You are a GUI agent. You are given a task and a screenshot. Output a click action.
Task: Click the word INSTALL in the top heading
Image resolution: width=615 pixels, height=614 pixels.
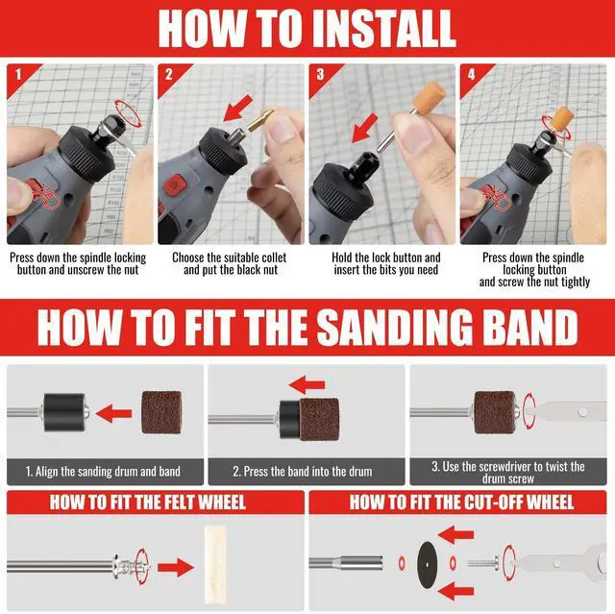pyautogui.click(x=384, y=28)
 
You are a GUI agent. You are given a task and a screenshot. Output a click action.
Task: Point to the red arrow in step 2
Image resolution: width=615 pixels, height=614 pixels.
pyautogui.click(x=237, y=109)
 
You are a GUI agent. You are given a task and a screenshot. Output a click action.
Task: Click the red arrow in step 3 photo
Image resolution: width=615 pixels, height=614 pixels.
pyautogui.click(x=364, y=128)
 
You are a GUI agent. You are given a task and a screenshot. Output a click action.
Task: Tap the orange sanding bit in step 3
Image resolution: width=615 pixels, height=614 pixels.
pyautogui.click(x=428, y=98)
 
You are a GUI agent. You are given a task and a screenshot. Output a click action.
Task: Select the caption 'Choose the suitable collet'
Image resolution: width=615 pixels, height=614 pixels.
pyautogui.click(x=229, y=258)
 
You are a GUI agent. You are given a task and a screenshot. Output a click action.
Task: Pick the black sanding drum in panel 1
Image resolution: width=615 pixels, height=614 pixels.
pyautogui.click(x=64, y=412)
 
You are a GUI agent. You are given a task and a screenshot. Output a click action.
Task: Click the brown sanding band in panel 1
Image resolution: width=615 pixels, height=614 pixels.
pyautogui.click(x=161, y=412)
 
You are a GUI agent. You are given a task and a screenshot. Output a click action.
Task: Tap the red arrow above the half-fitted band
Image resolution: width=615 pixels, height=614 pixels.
pyautogui.click(x=307, y=385)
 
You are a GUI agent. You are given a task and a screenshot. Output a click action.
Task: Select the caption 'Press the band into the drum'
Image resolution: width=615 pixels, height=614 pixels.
pyautogui.click(x=303, y=471)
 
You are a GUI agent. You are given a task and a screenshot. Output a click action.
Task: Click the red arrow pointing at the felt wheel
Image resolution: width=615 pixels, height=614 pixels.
pyautogui.click(x=176, y=567)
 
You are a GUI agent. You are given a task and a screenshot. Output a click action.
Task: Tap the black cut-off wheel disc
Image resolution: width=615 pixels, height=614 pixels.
pyautogui.click(x=427, y=565)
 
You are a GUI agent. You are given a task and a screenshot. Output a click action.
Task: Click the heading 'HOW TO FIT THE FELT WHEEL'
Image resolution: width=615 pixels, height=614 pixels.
pyautogui.click(x=148, y=503)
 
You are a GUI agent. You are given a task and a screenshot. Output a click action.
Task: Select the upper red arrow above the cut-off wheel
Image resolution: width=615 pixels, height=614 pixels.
pyautogui.click(x=455, y=535)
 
